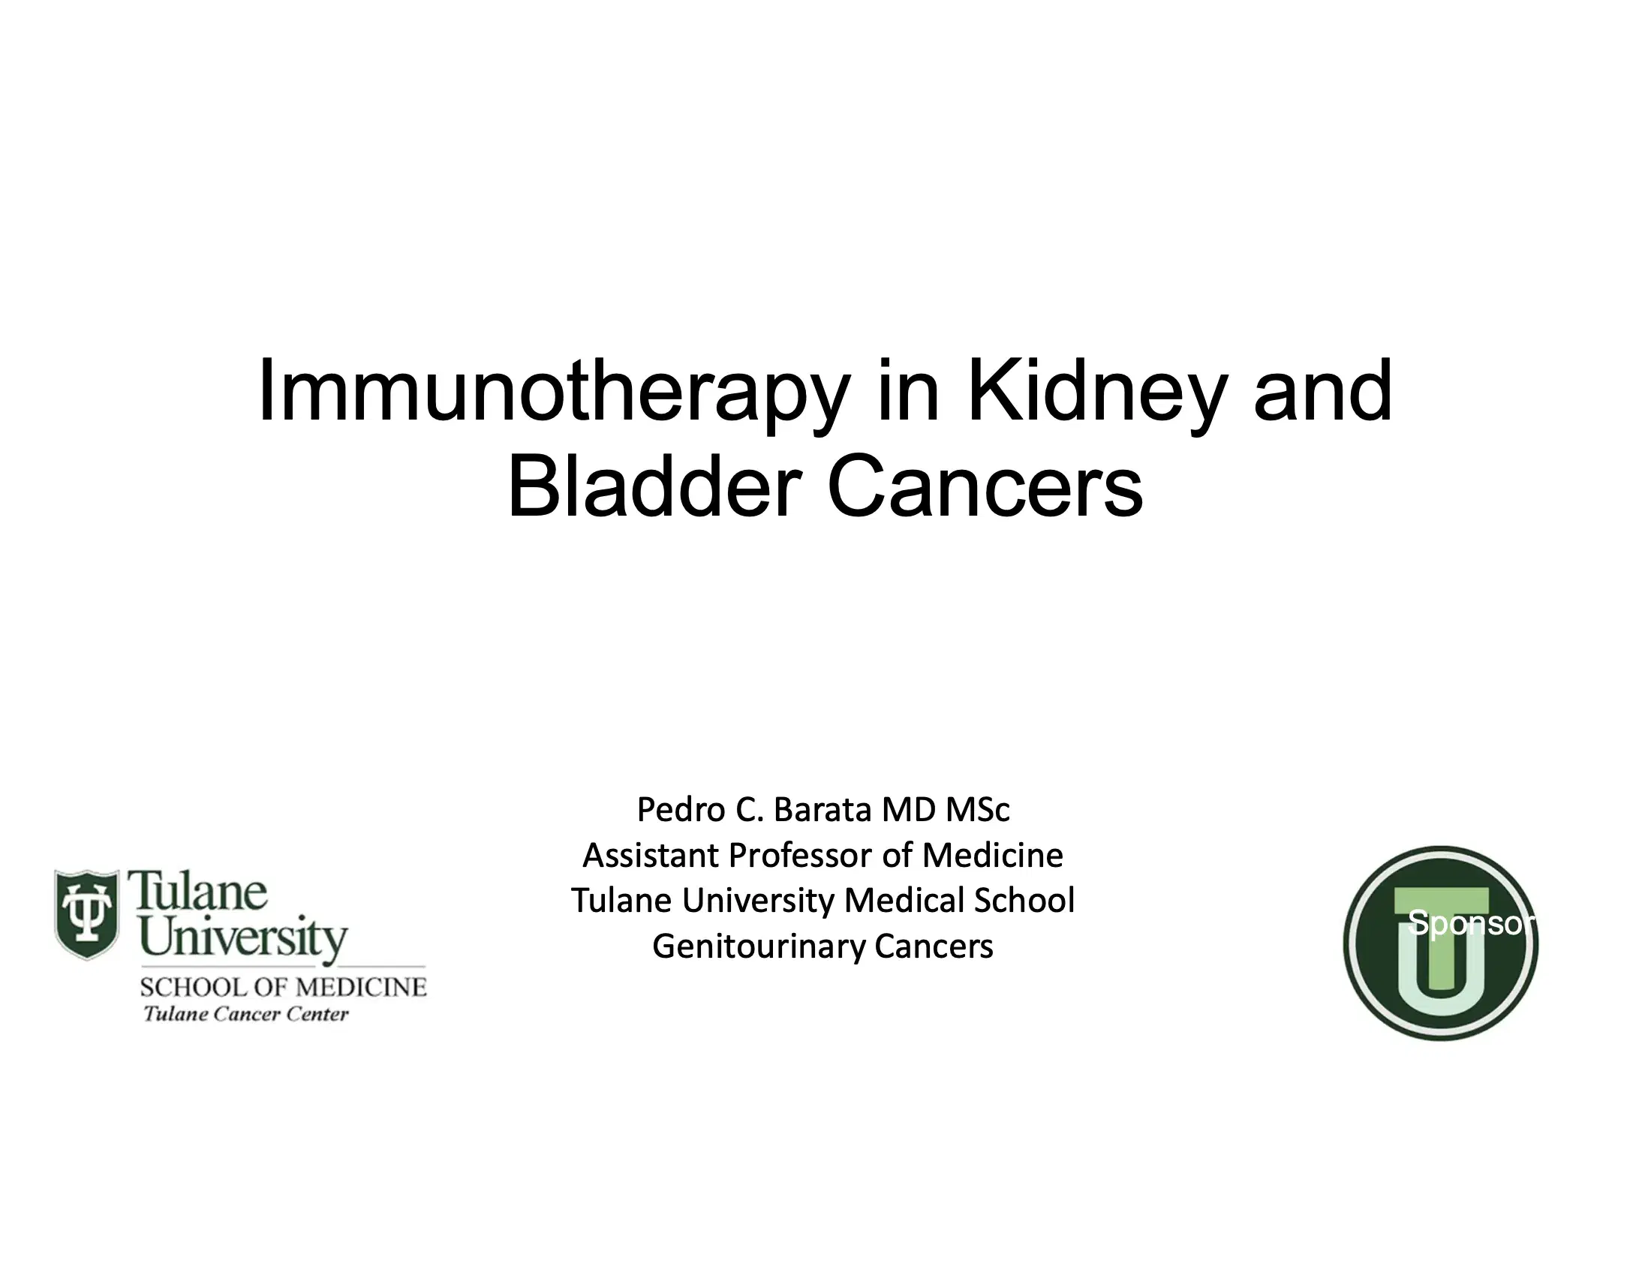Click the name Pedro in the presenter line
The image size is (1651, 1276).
point(682,810)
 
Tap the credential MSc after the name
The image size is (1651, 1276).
point(977,810)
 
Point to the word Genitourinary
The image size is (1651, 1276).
point(758,947)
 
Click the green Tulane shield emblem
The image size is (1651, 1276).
point(87,914)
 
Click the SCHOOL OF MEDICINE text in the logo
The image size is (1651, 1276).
point(284,987)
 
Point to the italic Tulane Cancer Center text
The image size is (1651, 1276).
point(246,1014)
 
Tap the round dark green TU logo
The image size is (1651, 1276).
point(1441,943)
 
